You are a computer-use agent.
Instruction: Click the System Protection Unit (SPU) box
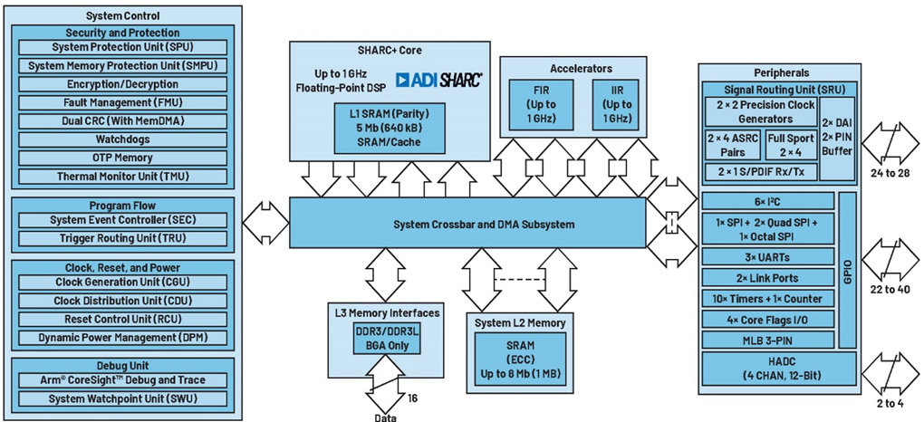pos(122,47)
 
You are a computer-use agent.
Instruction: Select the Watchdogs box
pos(122,139)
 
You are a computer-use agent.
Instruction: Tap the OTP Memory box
pos(122,158)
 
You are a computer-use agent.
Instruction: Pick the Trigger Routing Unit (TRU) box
pos(122,239)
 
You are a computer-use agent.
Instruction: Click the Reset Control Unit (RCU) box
pos(122,320)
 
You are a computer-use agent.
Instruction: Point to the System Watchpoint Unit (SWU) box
pos(122,398)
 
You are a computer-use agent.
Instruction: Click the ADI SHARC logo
pos(439,80)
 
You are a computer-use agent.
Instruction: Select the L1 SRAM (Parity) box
pos(390,128)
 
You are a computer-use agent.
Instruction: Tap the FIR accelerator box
pos(542,105)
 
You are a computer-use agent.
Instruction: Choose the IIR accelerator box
pos(616,105)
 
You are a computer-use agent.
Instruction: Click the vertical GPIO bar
pos(847,269)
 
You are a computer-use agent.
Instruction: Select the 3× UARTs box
pos(768,257)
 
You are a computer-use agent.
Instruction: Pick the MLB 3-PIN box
pos(768,340)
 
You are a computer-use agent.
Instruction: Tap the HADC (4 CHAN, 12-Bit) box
pos(779,369)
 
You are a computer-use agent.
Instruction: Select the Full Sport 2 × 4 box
pos(791,145)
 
